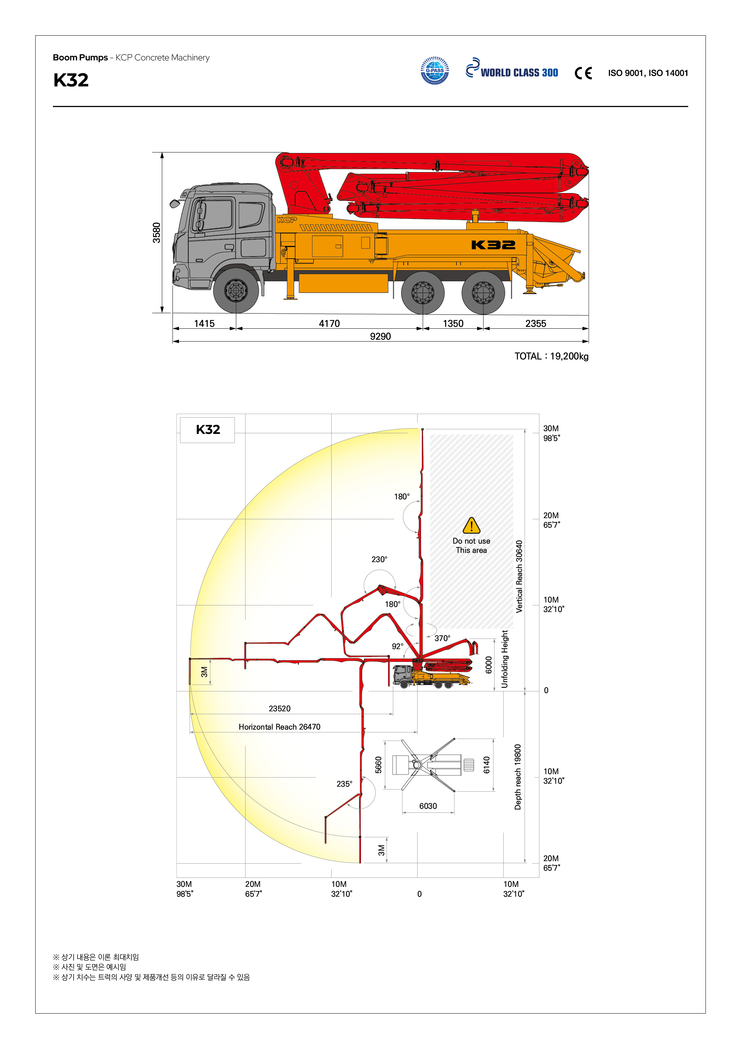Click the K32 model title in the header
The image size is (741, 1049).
[x=71, y=80]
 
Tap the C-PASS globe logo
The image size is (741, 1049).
[x=435, y=70]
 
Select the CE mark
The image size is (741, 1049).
[x=583, y=73]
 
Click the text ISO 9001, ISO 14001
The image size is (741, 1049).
[x=648, y=73]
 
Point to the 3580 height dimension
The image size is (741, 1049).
[x=157, y=233]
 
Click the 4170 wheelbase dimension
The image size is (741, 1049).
[x=329, y=324]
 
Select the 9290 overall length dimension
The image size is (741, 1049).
[x=380, y=336]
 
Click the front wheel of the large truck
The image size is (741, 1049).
[x=235, y=290]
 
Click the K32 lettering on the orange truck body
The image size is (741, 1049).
[x=493, y=245]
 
